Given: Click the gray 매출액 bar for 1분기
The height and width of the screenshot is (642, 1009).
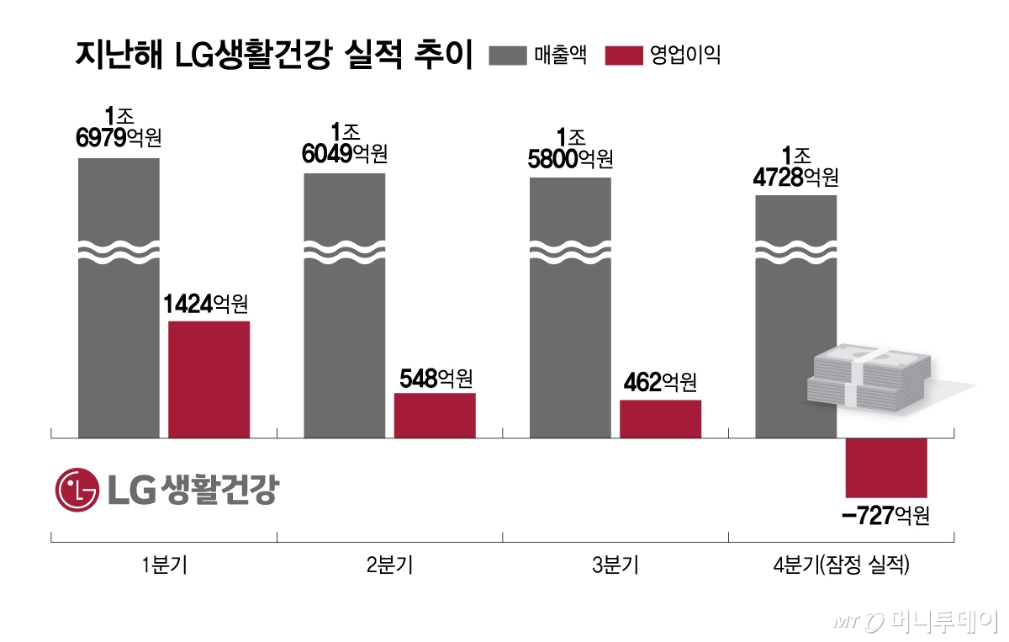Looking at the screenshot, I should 119,337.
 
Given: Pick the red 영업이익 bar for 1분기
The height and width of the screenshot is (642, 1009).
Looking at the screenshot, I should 209,379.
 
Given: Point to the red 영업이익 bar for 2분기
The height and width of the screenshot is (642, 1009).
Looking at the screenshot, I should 435,416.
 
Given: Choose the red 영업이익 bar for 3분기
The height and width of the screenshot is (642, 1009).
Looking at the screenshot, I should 660,419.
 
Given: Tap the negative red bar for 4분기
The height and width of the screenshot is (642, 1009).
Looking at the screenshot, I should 885,467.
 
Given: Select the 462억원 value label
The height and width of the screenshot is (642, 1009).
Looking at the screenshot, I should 660,384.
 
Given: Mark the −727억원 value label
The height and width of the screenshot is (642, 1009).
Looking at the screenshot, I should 886,515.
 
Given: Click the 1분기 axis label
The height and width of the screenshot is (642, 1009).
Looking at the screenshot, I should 164,566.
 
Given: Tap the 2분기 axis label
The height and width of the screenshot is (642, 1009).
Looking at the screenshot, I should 389,566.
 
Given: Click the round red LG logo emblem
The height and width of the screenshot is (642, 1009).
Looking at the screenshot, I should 77,490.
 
